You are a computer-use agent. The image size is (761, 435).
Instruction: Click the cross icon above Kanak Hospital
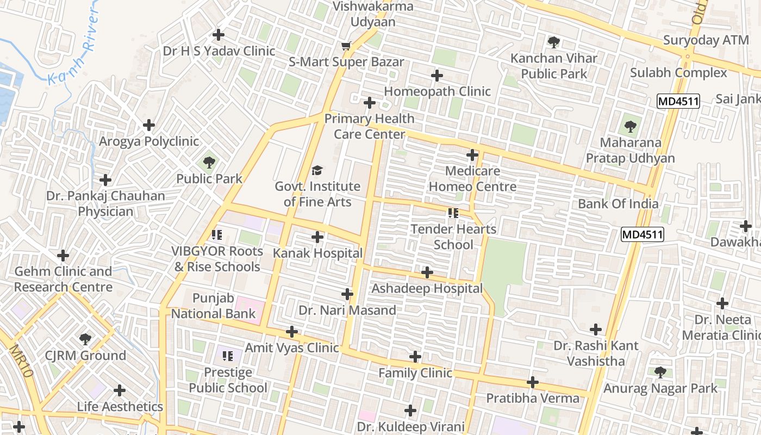[x=317, y=237]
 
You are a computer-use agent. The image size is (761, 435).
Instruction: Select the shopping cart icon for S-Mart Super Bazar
[x=346, y=46]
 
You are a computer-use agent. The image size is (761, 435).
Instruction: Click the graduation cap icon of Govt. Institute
[x=317, y=171]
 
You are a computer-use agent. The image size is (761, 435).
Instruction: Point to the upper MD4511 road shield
[x=677, y=101]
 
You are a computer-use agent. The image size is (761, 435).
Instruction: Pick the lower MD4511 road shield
[x=643, y=234]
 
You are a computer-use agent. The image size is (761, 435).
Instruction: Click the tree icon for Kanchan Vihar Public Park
[x=553, y=42]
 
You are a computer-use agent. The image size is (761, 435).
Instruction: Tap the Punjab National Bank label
[x=213, y=306]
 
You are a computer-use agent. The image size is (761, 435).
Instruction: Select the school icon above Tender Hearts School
[x=453, y=213]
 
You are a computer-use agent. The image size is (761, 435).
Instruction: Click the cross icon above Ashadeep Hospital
[x=427, y=272]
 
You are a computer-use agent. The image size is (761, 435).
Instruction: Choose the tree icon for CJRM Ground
[x=85, y=340]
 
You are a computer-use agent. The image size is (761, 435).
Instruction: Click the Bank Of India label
[x=618, y=204]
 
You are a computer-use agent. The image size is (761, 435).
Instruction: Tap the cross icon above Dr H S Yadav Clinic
[x=219, y=35]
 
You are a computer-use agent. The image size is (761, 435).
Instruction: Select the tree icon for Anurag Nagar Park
[x=660, y=372]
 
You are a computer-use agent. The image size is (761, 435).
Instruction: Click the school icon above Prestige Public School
[x=228, y=356]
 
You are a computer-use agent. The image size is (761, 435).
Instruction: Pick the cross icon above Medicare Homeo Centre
[x=472, y=156]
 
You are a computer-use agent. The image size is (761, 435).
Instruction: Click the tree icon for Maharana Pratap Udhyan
[x=630, y=127]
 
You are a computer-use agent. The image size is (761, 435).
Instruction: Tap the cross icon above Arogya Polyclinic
[x=149, y=126]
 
